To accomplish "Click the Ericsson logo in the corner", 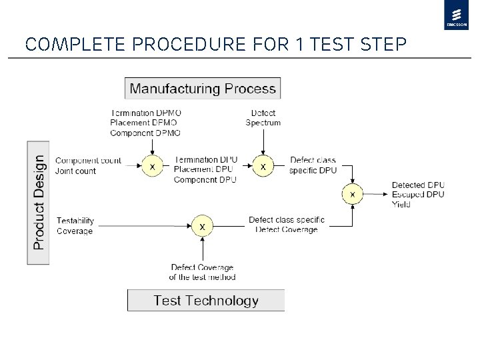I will (457, 15).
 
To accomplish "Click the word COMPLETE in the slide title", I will (70, 45).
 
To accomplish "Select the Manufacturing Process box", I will (203, 89).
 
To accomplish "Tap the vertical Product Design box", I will (39, 202).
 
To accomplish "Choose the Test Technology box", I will (206, 301).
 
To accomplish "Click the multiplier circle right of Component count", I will (152, 167).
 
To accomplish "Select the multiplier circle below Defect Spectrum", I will (263, 167).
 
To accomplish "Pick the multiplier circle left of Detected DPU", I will (353, 194).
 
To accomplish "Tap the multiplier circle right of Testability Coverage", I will (202, 226).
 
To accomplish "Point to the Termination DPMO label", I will (145, 113).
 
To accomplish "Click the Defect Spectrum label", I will (263, 117).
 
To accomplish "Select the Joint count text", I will (75, 171).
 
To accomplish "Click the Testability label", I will (75, 221).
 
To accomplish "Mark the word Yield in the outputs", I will (401, 205).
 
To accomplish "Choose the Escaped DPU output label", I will (418, 195).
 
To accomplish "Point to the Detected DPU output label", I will (418, 185).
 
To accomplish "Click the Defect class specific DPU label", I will (313, 165).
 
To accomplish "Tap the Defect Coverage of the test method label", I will (202, 272).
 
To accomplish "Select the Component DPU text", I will (205, 180).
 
